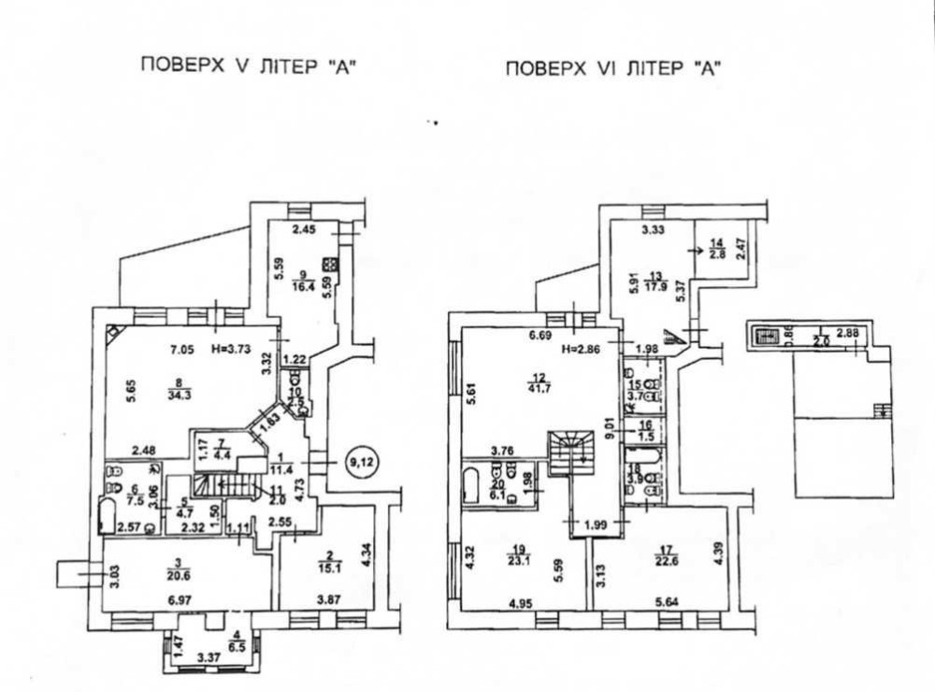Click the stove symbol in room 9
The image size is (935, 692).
pyautogui.click(x=329, y=263)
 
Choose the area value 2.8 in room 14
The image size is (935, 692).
pyautogui.click(x=716, y=253)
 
